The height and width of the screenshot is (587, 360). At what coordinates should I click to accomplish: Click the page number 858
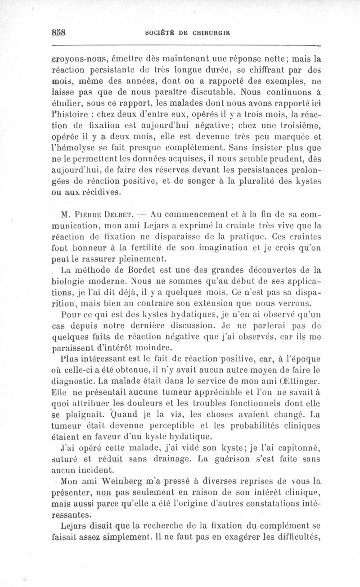59,33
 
